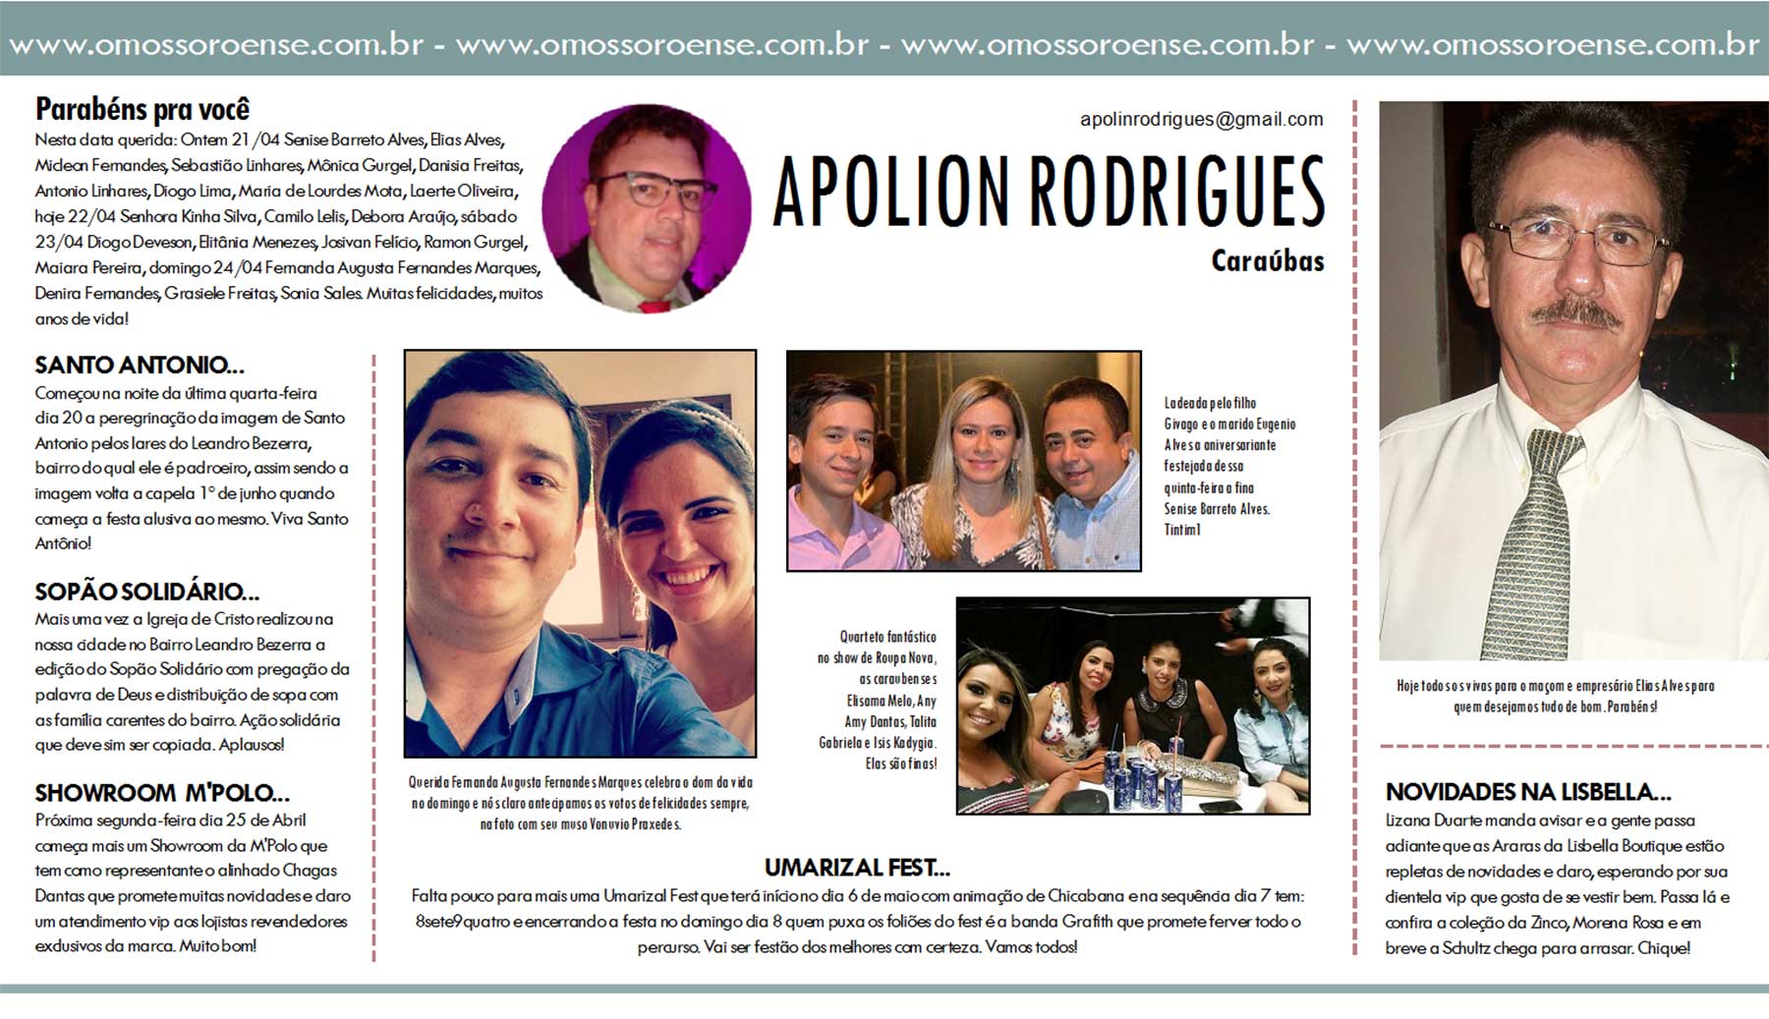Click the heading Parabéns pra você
click(143, 109)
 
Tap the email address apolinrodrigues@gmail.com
click(1201, 120)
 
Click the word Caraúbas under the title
click(1267, 261)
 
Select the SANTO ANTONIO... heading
click(140, 366)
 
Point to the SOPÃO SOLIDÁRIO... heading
click(147, 592)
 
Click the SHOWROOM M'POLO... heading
click(162, 793)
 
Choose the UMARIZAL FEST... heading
click(857, 868)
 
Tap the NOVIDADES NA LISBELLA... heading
click(1527, 792)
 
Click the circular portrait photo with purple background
click(646, 207)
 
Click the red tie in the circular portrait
click(651, 306)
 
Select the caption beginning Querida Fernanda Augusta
click(581, 803)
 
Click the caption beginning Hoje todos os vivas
click(1555, 696)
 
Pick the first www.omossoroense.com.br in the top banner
click(216, 45)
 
